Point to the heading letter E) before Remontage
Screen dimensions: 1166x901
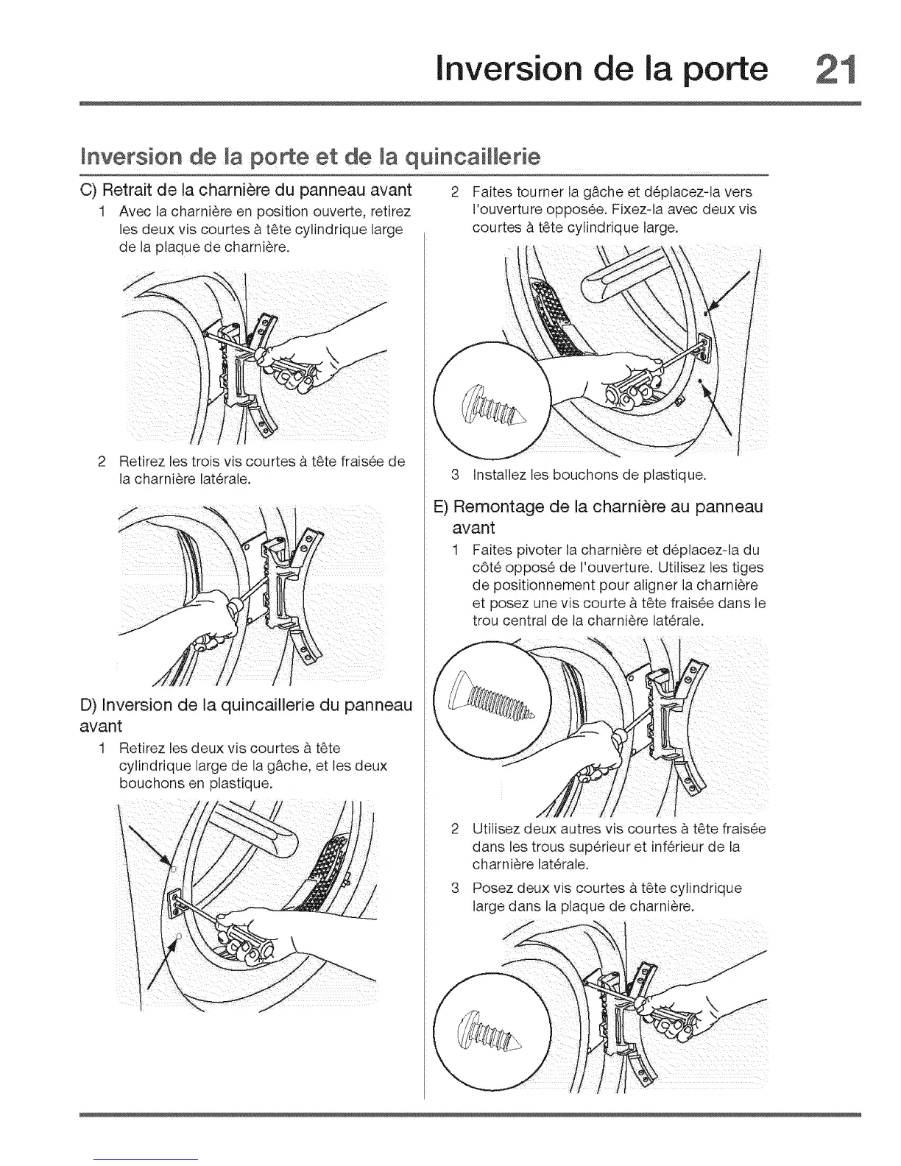point(441,507)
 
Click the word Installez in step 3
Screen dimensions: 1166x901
point(501,475)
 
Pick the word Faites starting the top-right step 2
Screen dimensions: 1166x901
point(491,192)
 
